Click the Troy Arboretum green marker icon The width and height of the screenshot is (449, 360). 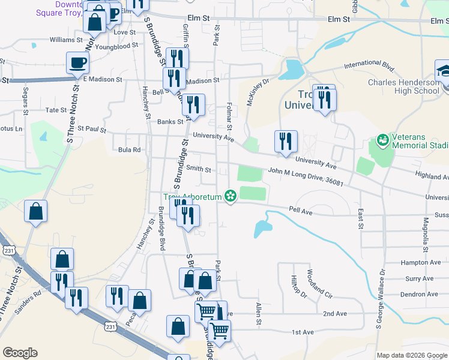(x=229, y=196)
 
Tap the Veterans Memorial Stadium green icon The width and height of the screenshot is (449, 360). (x=382, y=139)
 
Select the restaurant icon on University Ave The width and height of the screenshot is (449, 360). (x=285, y=141)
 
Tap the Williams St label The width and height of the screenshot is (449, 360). (x=65, y=40)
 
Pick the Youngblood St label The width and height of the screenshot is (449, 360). (x=116, y=46)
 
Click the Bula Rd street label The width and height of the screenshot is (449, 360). (x=129, y=149)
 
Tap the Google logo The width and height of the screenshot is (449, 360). (x=20, y=353)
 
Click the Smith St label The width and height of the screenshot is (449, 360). (x=199, y=169)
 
